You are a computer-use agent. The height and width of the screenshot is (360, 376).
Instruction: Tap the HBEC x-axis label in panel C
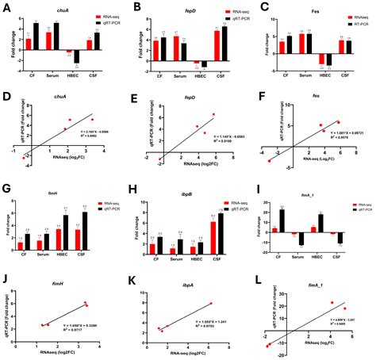pos(326,76)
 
